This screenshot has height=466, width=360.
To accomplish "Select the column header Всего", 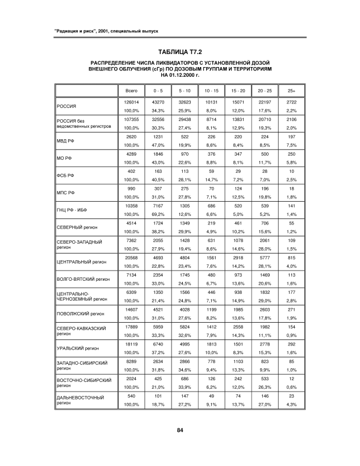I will point(131,90).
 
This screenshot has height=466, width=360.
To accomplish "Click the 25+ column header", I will point(291,90).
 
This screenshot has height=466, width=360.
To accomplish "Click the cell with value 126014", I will point(131,101).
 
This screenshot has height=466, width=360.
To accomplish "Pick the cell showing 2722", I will point(291,101).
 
